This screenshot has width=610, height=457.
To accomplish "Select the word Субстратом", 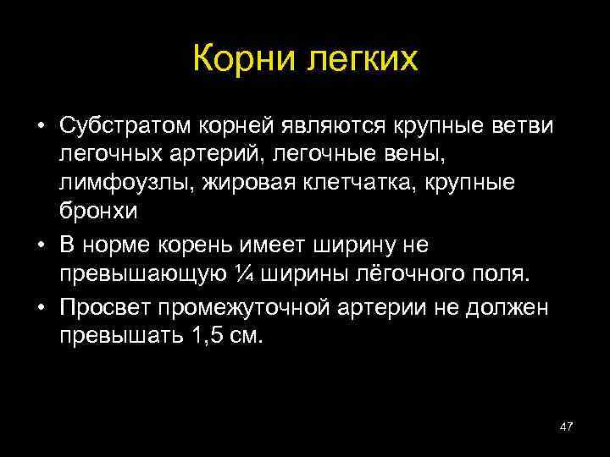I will (x=126, y=126).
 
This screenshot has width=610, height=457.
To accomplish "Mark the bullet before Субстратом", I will (x=41, y=127).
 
